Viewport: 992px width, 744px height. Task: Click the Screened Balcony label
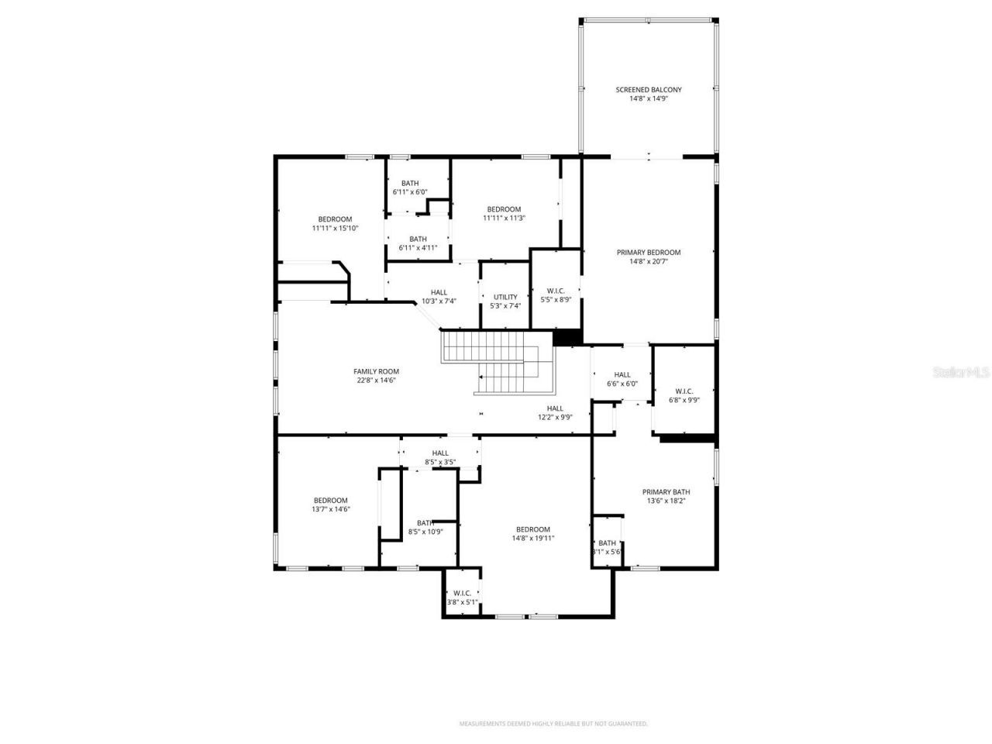point(649,90)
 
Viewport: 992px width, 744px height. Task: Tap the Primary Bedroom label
point(649,253)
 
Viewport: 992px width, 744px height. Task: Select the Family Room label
point(376,371)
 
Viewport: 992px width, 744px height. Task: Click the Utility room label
point(505,297)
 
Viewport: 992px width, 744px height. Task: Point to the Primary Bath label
point(666,492)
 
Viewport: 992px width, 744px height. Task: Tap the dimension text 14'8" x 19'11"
point(533,539)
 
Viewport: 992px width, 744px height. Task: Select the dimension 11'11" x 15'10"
point(335,229)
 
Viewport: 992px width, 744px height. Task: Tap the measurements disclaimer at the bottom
point(553,724)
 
